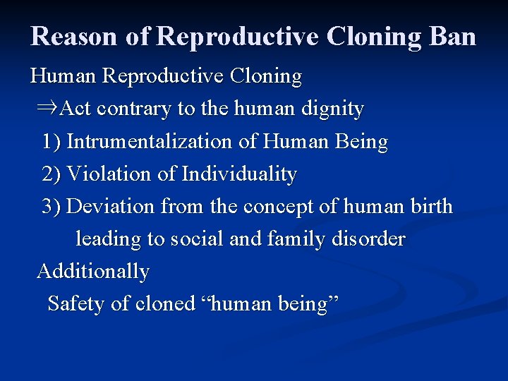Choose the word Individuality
coord(239,174)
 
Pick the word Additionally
coord(93,272)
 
